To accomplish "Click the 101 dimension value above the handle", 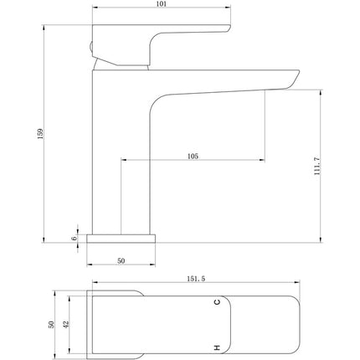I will (x=161, y=5).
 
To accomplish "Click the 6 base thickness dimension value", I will (x=74, y=239).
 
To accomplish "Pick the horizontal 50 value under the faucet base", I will (x=121, y=261).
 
